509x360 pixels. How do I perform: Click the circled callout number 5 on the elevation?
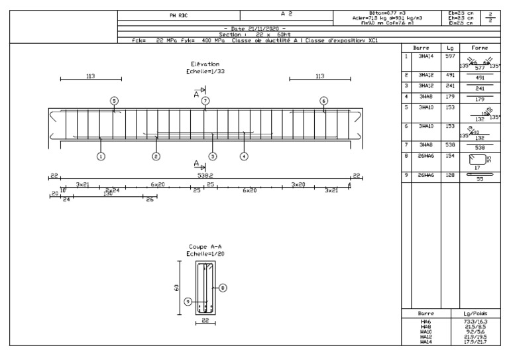114,100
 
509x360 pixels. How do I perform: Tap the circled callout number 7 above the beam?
205,100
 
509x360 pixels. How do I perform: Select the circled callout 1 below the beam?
100,156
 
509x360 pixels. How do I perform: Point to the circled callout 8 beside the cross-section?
223,288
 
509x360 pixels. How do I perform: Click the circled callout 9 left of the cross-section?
188,301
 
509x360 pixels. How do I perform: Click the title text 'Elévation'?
204,64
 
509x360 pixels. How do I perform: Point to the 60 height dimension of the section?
174,288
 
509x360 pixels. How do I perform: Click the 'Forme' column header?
480,48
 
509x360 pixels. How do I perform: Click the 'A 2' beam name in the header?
287,12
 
